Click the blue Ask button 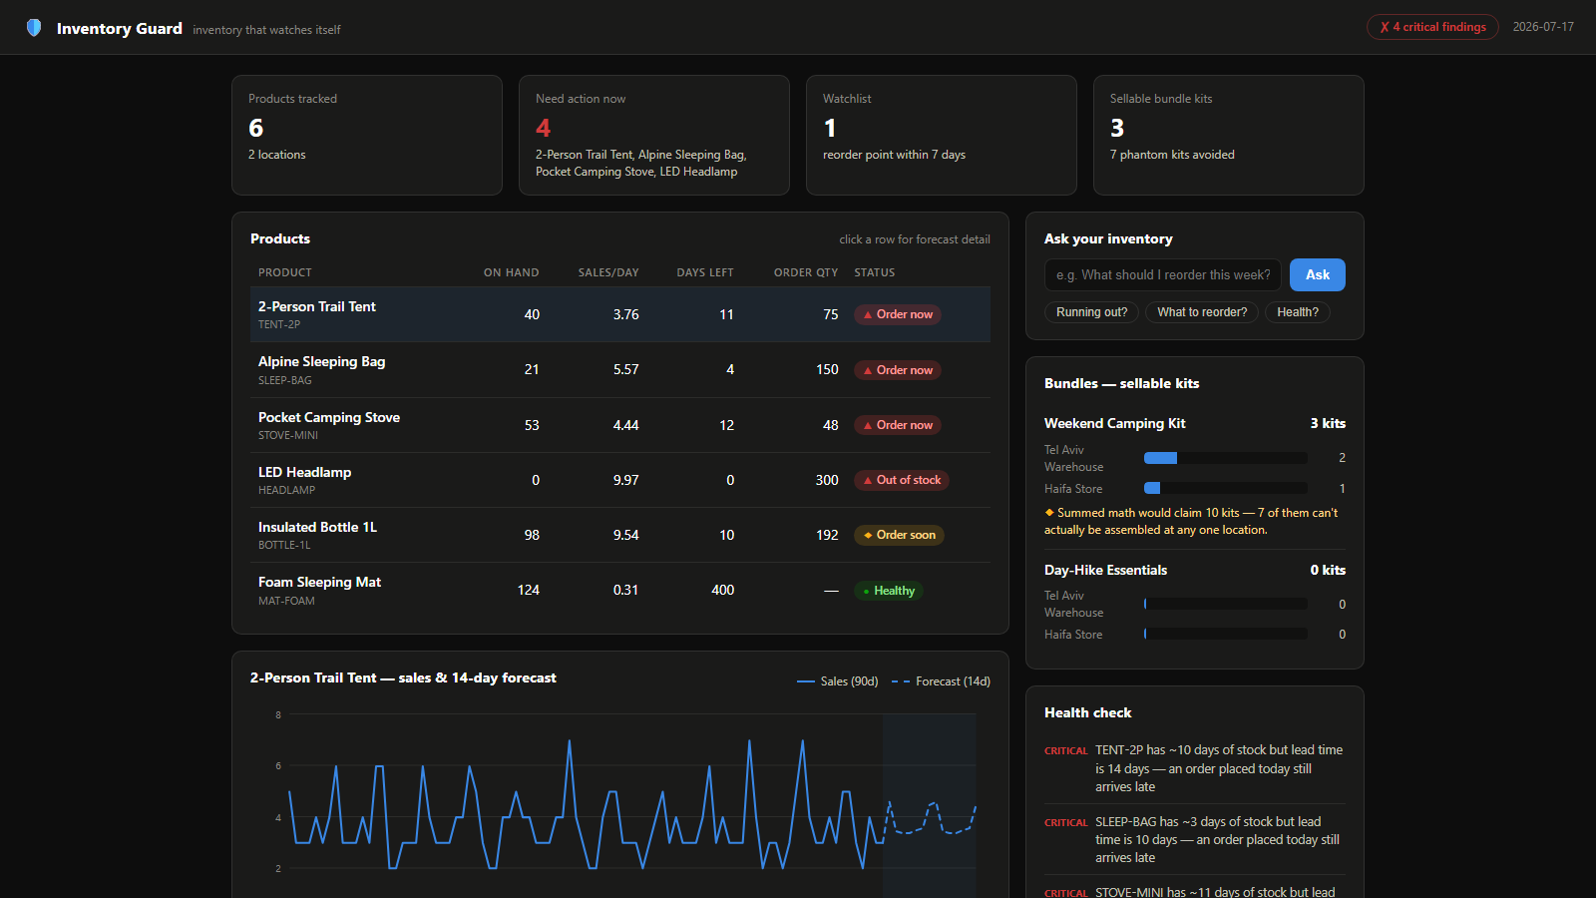point(1317,274)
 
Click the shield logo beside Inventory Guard point(34,28)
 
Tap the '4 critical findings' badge point(1432,27)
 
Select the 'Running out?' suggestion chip point(1091,312)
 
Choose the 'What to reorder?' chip point(1202,312)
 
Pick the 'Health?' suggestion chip point(1298,312)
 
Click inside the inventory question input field point(1163,274)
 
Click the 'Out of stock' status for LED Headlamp point(902,480)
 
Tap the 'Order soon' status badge point(899,535)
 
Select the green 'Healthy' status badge point(889,590)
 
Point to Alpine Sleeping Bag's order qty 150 point(827,369)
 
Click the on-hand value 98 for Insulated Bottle point(532,535)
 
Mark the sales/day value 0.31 point(625,590)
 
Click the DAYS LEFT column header point(704,272)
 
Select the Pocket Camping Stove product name point(328,417)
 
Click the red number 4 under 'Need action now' point(543,128)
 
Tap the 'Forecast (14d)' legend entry point(941,681)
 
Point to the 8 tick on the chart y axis point(278,714)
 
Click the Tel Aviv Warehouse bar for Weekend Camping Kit point(1226,458)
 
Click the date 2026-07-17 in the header point(1543,27)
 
